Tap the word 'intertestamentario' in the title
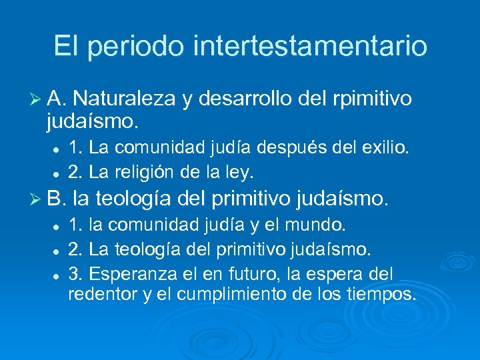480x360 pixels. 310,47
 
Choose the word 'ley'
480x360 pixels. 241,173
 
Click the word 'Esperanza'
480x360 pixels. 131,273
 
